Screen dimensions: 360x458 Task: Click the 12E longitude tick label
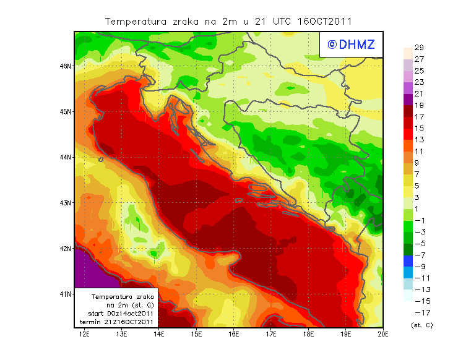(85, 334)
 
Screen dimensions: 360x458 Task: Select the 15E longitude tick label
(197, 334)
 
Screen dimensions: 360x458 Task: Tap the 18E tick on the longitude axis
(308, 334)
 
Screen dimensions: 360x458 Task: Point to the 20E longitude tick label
(383, 334)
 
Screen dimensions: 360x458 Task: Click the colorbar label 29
(419, 48)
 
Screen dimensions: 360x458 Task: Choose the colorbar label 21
(419, 94)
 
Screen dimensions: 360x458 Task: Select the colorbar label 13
(419, 140)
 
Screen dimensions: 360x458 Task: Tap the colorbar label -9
(419, 267)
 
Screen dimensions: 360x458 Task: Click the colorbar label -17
(419, 312)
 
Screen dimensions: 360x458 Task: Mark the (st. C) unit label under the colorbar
(421, 325)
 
